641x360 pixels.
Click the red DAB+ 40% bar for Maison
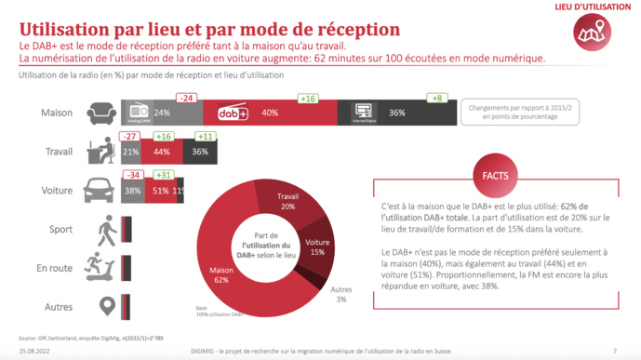pos(270,113)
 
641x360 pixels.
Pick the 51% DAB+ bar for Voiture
pos(159,191)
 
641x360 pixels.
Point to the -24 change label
pos(187,98)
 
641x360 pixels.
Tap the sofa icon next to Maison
pos(100,113)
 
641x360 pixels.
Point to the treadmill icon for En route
pos(100,266)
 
